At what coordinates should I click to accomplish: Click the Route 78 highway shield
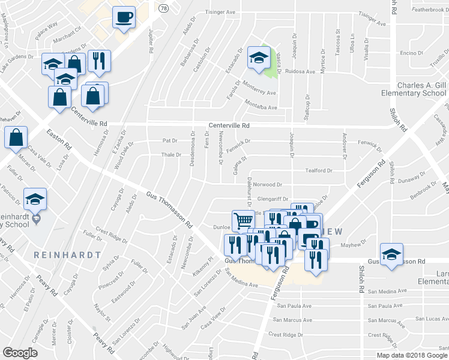point(163,8)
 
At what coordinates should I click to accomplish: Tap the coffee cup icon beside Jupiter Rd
point(124,17)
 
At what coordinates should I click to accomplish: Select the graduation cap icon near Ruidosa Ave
point(259,58)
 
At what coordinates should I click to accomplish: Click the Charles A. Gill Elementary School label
point(414,89)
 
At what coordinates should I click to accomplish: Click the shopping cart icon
point(243,221)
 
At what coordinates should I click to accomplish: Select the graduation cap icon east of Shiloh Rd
point(392,254)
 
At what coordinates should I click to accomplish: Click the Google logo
point(20,353)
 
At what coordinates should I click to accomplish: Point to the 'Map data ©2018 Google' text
point(412,355)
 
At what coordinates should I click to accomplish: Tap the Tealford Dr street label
point(318,170)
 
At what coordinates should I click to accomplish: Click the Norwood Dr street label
point(267,185)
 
